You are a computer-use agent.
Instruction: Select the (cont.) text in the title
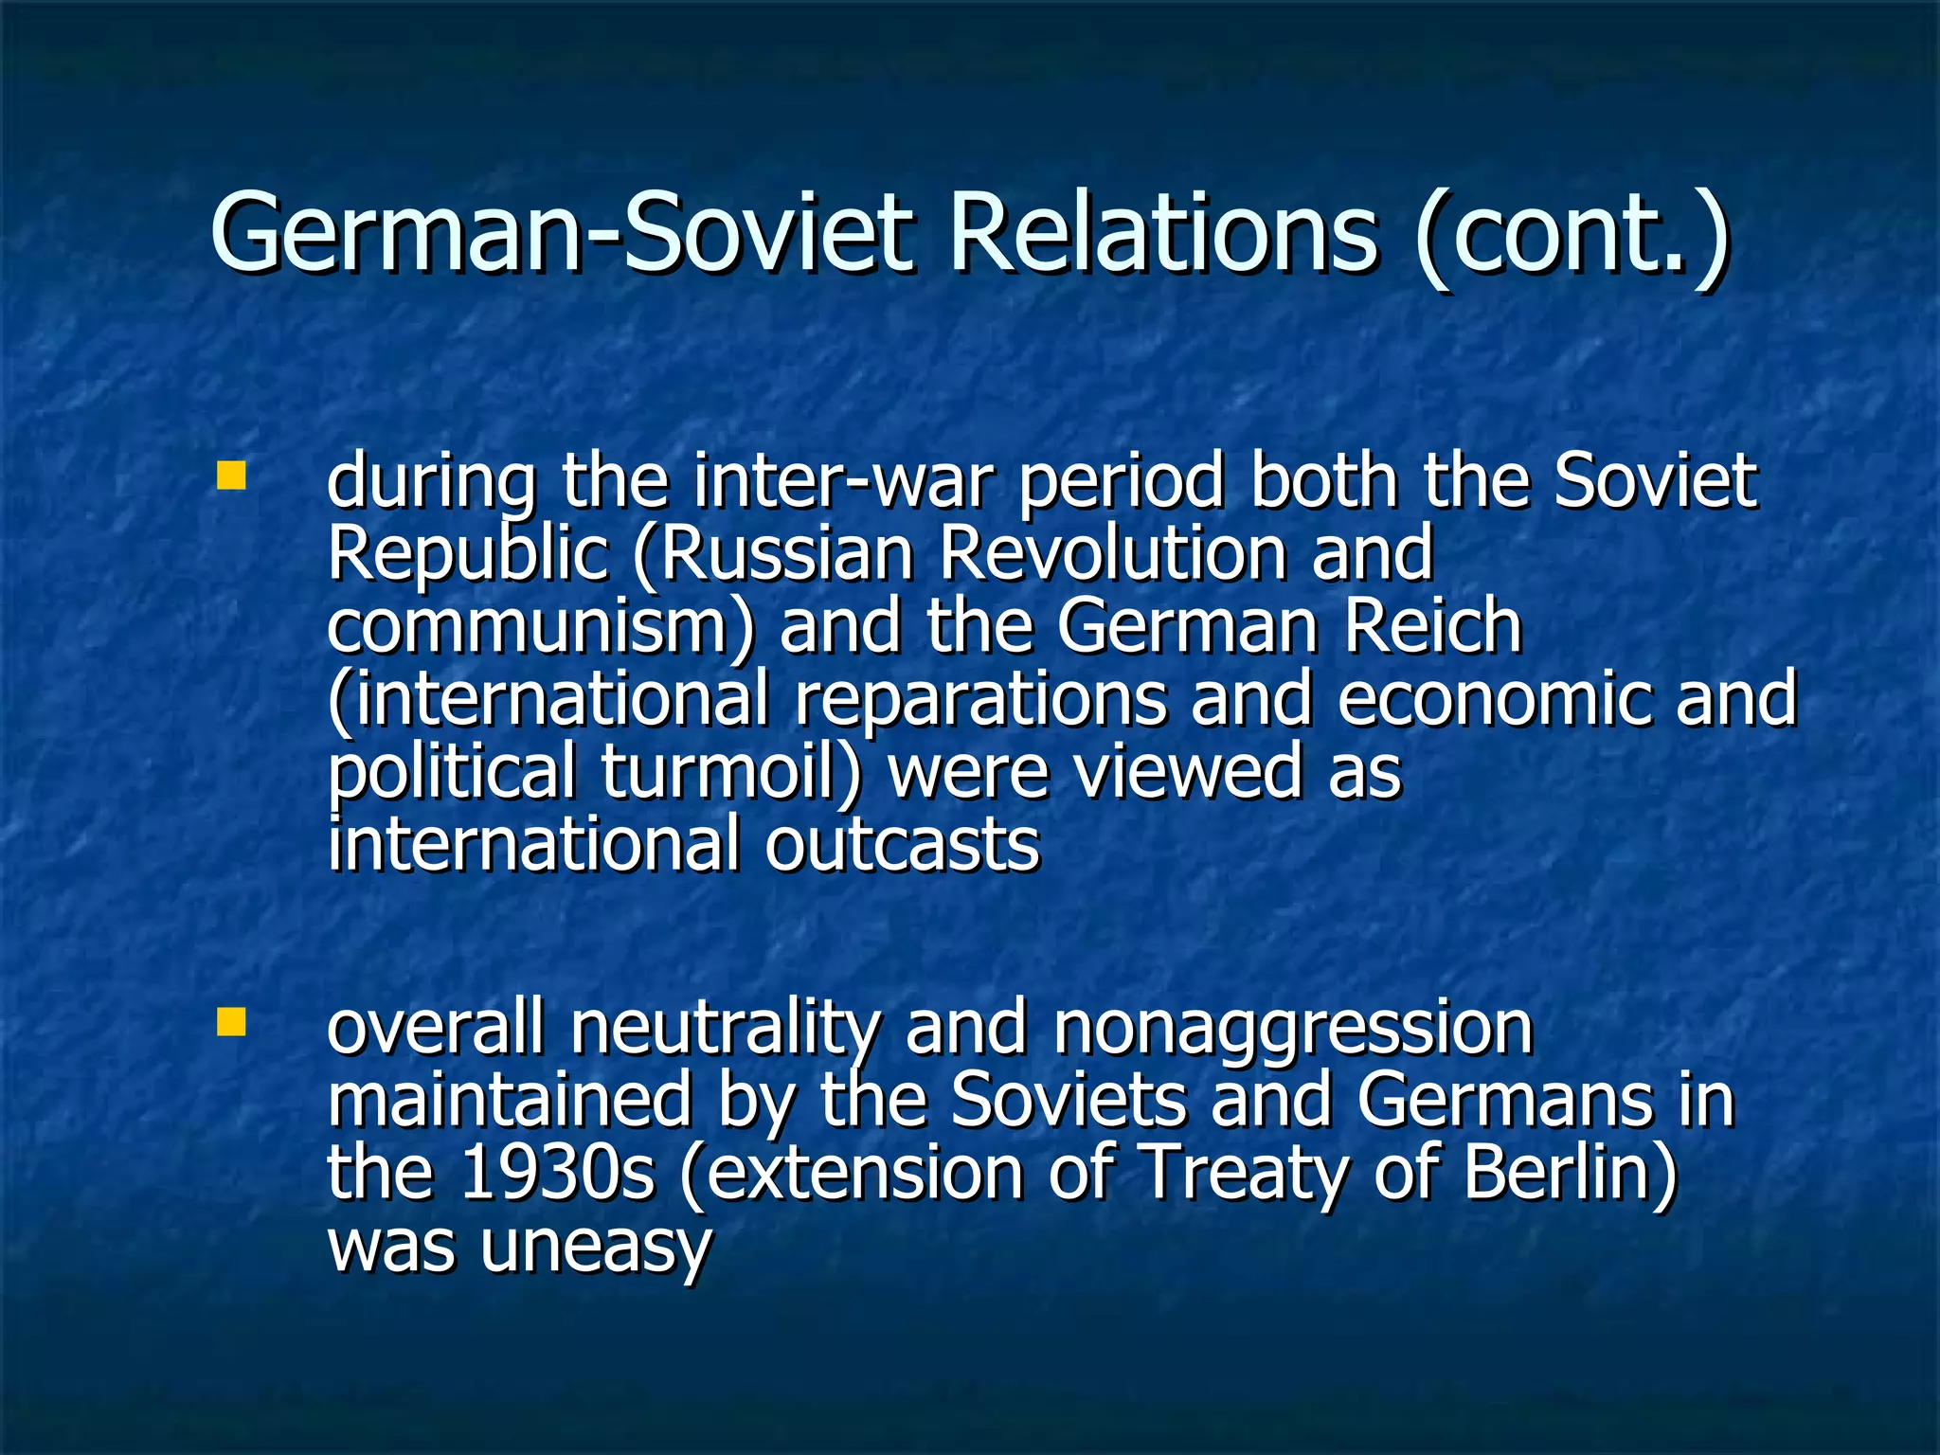click(x=1572, y=233)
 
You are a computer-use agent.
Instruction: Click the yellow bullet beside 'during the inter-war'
click(x=230, y=476)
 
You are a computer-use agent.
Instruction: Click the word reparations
click(x=980, y=699)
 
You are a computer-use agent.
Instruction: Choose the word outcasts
click(x=902, y=844)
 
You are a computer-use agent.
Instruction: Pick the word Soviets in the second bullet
click(x=1068, y=1101)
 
